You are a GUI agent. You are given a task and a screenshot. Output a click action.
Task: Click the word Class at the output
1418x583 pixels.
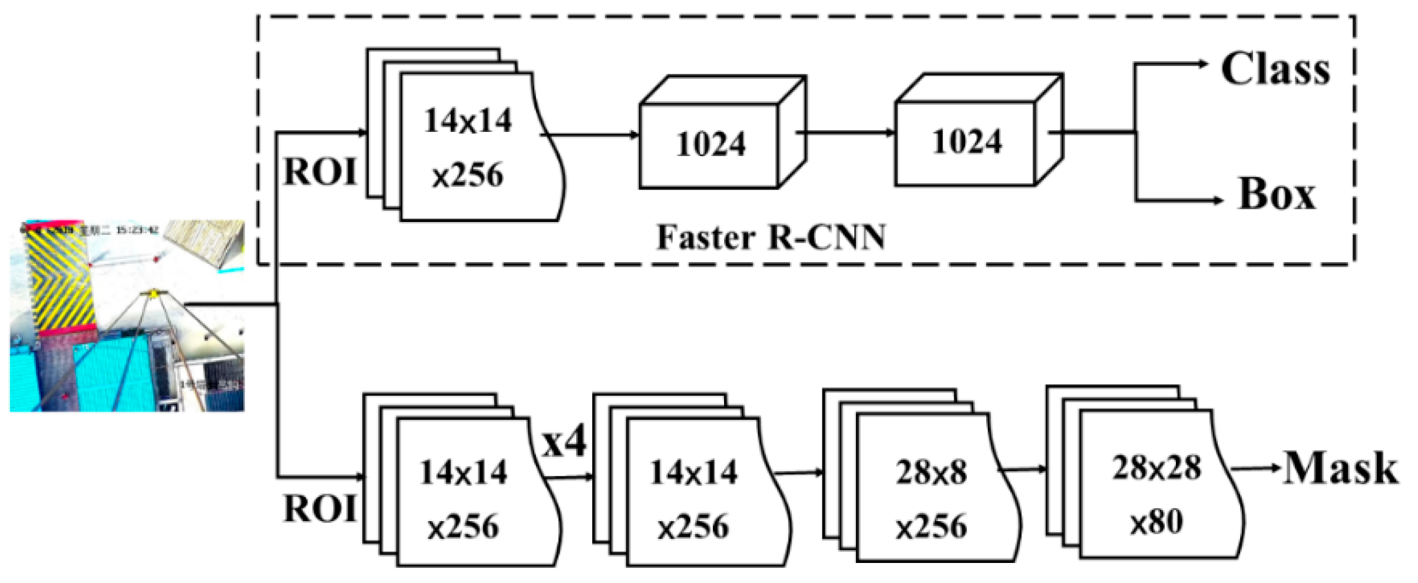(x=1275, y=69)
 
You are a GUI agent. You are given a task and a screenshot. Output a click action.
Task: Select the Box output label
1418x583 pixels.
(x=1276, y=194)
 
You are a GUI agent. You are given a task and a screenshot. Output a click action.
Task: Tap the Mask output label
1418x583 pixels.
(x=1340, y=469)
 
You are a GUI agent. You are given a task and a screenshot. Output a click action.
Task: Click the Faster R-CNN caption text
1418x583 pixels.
(x=771, y=237)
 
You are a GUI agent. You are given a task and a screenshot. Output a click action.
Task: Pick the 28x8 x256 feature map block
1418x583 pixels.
(x=931, y=498)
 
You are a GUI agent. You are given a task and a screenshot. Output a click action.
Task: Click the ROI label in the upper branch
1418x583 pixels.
(x=320, y=173)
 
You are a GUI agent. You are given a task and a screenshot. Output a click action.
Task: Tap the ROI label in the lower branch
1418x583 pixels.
(x=320, y=509)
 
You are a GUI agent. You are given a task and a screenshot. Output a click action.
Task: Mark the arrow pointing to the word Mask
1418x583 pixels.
(x=1255, y=469)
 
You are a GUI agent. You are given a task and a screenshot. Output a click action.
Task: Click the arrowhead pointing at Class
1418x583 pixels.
(x=1202, y=64)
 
